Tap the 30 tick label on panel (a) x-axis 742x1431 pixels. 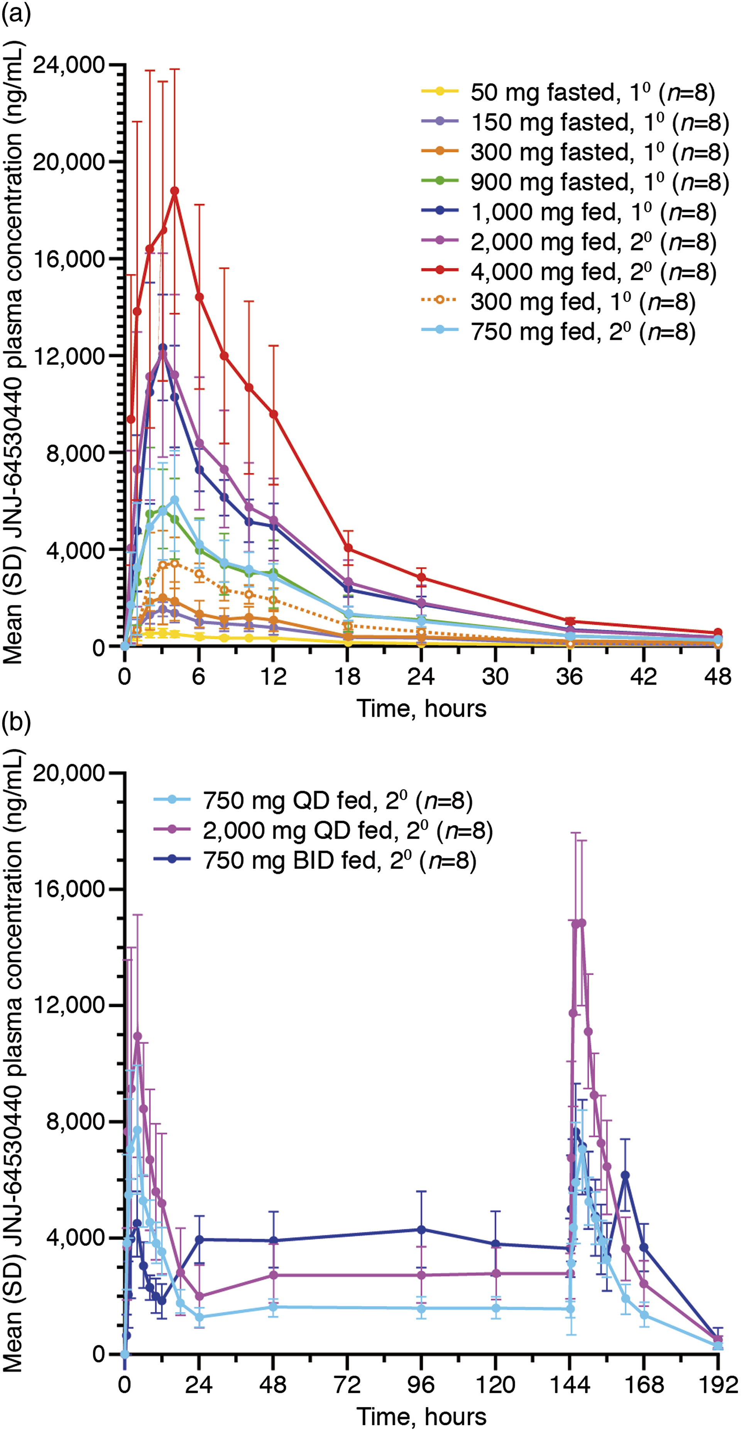495,676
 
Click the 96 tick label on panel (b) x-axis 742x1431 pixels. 421,1385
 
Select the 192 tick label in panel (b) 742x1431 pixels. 718,1385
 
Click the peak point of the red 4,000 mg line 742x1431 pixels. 174,191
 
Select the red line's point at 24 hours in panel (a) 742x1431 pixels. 421,577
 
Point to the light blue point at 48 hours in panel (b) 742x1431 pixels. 273,1307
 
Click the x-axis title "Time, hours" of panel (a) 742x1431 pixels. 421,708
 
